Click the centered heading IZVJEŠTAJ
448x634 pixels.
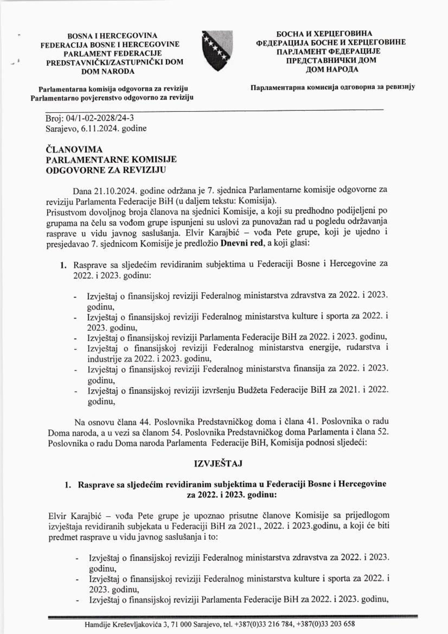pos(218,464)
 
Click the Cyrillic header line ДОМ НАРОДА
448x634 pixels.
pos(332,69)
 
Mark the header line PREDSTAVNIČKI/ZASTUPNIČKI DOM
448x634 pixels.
pos(115,62)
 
